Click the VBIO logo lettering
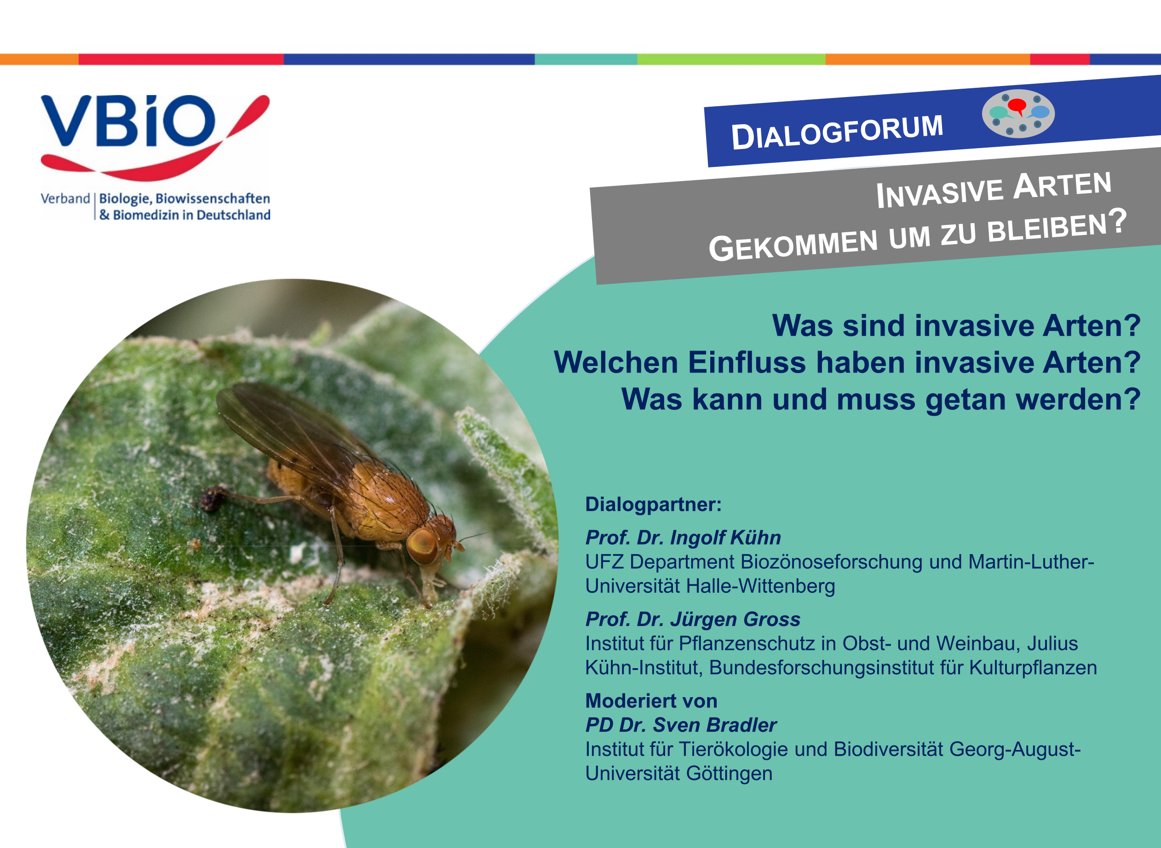pos(128,121)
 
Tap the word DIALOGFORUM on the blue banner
pos(838,132)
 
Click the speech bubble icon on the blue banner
pos(1018,114)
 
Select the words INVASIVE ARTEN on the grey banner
pos(994,190)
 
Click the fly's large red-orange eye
pos(422,547)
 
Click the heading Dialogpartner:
pos(653,504)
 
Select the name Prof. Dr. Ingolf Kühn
pos(683,538)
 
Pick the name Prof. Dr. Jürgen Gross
pos(693,619)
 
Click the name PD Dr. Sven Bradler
pos(681,725)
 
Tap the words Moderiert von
pos(651,701)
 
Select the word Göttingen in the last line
pos(729,774)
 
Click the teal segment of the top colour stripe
pos(586,59)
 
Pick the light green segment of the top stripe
pos(731,59)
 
